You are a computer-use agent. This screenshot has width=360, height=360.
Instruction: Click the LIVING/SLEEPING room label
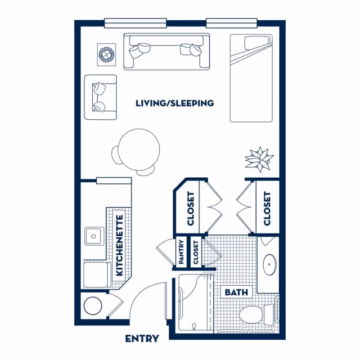(175, 103)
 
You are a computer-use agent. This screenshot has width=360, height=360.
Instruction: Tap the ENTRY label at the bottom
(142, 339)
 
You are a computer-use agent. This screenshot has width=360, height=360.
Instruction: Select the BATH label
(236, 292)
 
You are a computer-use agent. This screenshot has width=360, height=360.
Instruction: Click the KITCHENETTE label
(120, 245)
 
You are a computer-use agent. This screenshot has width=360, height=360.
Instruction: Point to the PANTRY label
(181, 252)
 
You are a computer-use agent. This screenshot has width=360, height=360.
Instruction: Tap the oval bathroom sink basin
(270, 264)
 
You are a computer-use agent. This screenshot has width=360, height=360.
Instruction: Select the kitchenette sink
(94, 236)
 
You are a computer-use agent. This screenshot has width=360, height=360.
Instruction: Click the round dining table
(139, 149)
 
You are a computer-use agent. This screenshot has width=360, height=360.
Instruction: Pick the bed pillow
(256, 43)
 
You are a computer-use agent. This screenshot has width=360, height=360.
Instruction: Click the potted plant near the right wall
(260, 159)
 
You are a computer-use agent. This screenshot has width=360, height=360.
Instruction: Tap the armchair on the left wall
(100, 97)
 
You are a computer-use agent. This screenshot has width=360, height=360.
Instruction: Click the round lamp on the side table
(106, 54)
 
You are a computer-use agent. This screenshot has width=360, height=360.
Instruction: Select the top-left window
(135, 23)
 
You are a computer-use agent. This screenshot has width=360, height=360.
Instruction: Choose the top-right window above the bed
(231, 23)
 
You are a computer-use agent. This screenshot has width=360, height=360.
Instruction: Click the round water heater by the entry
(93, 306)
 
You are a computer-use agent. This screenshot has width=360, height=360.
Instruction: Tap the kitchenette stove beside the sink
(95, 275)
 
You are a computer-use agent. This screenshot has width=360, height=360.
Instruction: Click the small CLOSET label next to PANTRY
(196, 252)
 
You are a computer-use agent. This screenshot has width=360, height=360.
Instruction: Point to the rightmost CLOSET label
(267, 209)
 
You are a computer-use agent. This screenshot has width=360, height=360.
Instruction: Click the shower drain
(194, 327)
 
